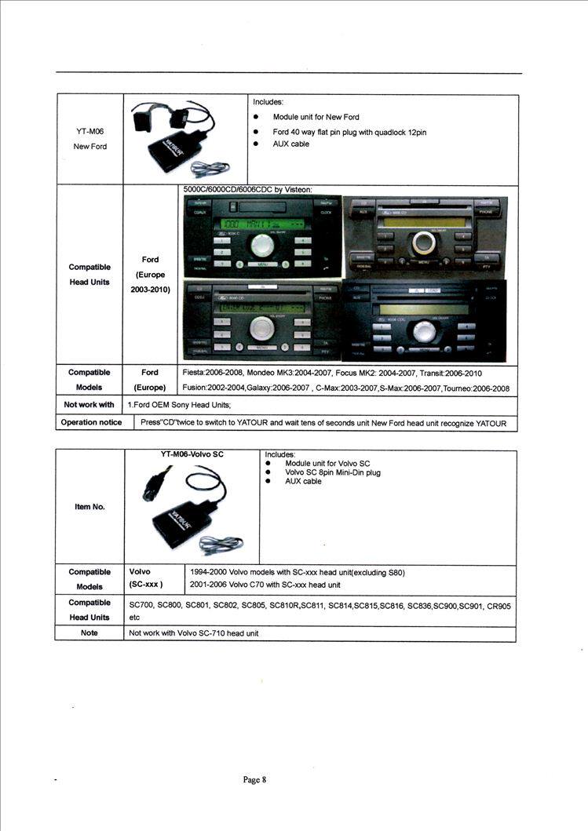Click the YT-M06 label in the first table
tap(89, 132)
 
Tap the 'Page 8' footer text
tap(255, 779)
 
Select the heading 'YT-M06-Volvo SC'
tap(192, 454)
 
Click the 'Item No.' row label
tap(89, 507)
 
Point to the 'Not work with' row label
tap(89, 405)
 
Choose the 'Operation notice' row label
tap(91, 422)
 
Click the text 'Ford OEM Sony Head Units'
tap(180, 405)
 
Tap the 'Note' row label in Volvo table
tap(89, 632)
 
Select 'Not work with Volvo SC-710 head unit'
tap(193, 632)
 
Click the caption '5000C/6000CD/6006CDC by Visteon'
tap(247, 189)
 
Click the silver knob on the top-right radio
tap(425, 242)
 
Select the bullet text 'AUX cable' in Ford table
tap(290, 144)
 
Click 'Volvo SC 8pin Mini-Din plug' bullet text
tap(333, 472)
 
